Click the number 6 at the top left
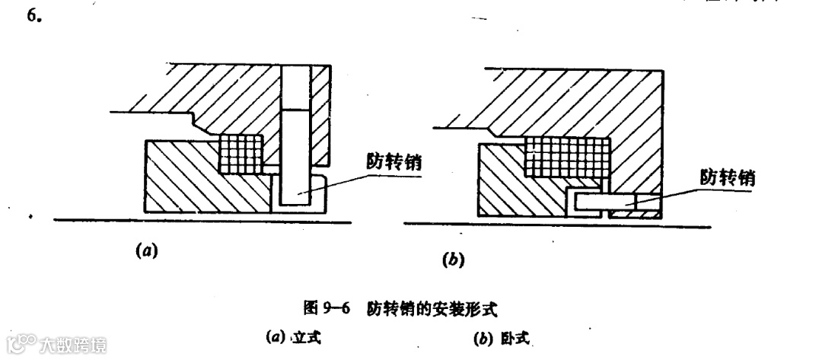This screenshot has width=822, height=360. pos(33,15)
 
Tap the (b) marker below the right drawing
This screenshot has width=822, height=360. pos(454,261)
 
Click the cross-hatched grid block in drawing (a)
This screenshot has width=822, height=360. pos(241,154)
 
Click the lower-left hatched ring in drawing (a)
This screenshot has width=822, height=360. pos(198,179)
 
